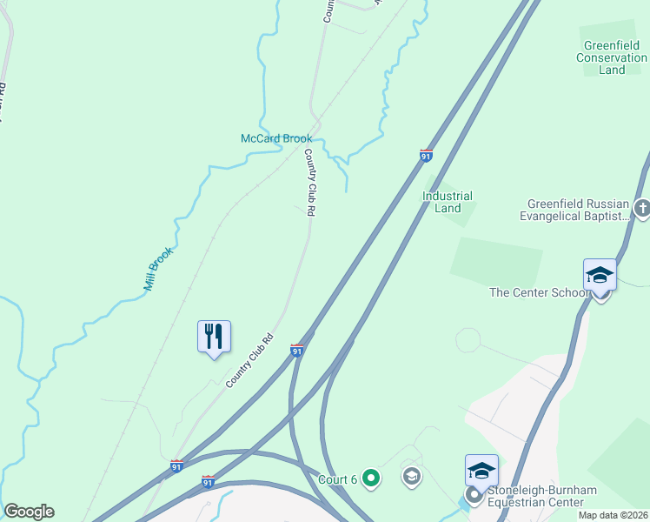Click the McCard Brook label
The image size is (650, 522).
[x=275, y=138]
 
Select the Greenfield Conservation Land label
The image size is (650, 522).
[x=612, y=58]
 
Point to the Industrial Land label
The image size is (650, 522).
[x=448, y=202]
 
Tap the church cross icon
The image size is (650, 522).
[x=642, y=208]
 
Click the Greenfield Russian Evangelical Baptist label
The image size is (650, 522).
[x=574, y=209]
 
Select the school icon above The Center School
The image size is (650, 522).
[x=600, y=276]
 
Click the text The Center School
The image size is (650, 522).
[x=539, y=292]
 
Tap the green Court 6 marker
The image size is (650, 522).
[x=371, y=477]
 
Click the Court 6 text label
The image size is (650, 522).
[x=337, y=479]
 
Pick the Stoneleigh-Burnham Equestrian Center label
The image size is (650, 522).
[x=542, y=496]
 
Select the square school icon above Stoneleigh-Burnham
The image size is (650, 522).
[x=481, y=471]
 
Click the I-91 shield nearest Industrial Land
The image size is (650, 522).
[x=426, y=155]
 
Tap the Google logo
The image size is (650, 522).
[x=29, y=511]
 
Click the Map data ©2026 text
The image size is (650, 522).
[x=613, y=515]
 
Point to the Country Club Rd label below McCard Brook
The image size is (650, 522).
[x=308, y=182]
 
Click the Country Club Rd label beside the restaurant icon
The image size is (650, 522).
[x=249, y=361]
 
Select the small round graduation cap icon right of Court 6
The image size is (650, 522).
[x=411, y=476]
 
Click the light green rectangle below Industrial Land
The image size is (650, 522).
[x=496, y=260]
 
